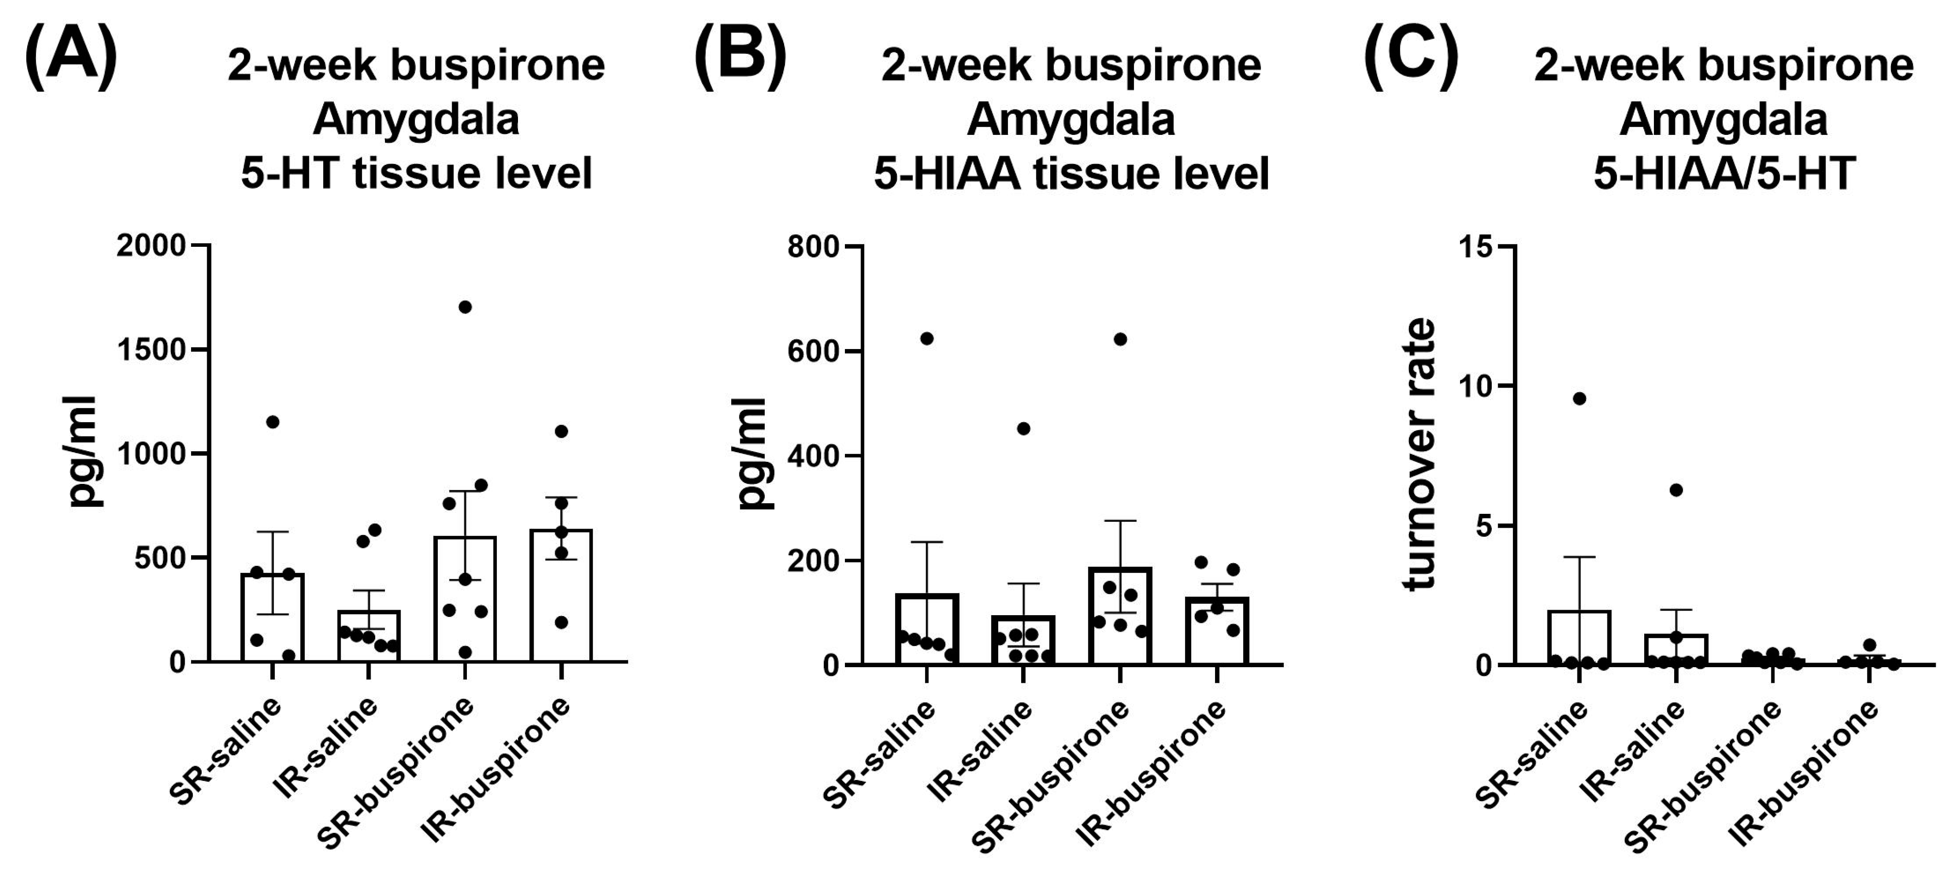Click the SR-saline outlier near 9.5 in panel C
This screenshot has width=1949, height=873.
click(x=1579, y=399)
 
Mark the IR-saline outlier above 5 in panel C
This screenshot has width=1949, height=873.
click(x=1676, y=490)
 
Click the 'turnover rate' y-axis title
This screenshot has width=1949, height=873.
click(x=1420, y=454)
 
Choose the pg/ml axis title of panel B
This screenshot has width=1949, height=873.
click(x=753, y=454)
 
